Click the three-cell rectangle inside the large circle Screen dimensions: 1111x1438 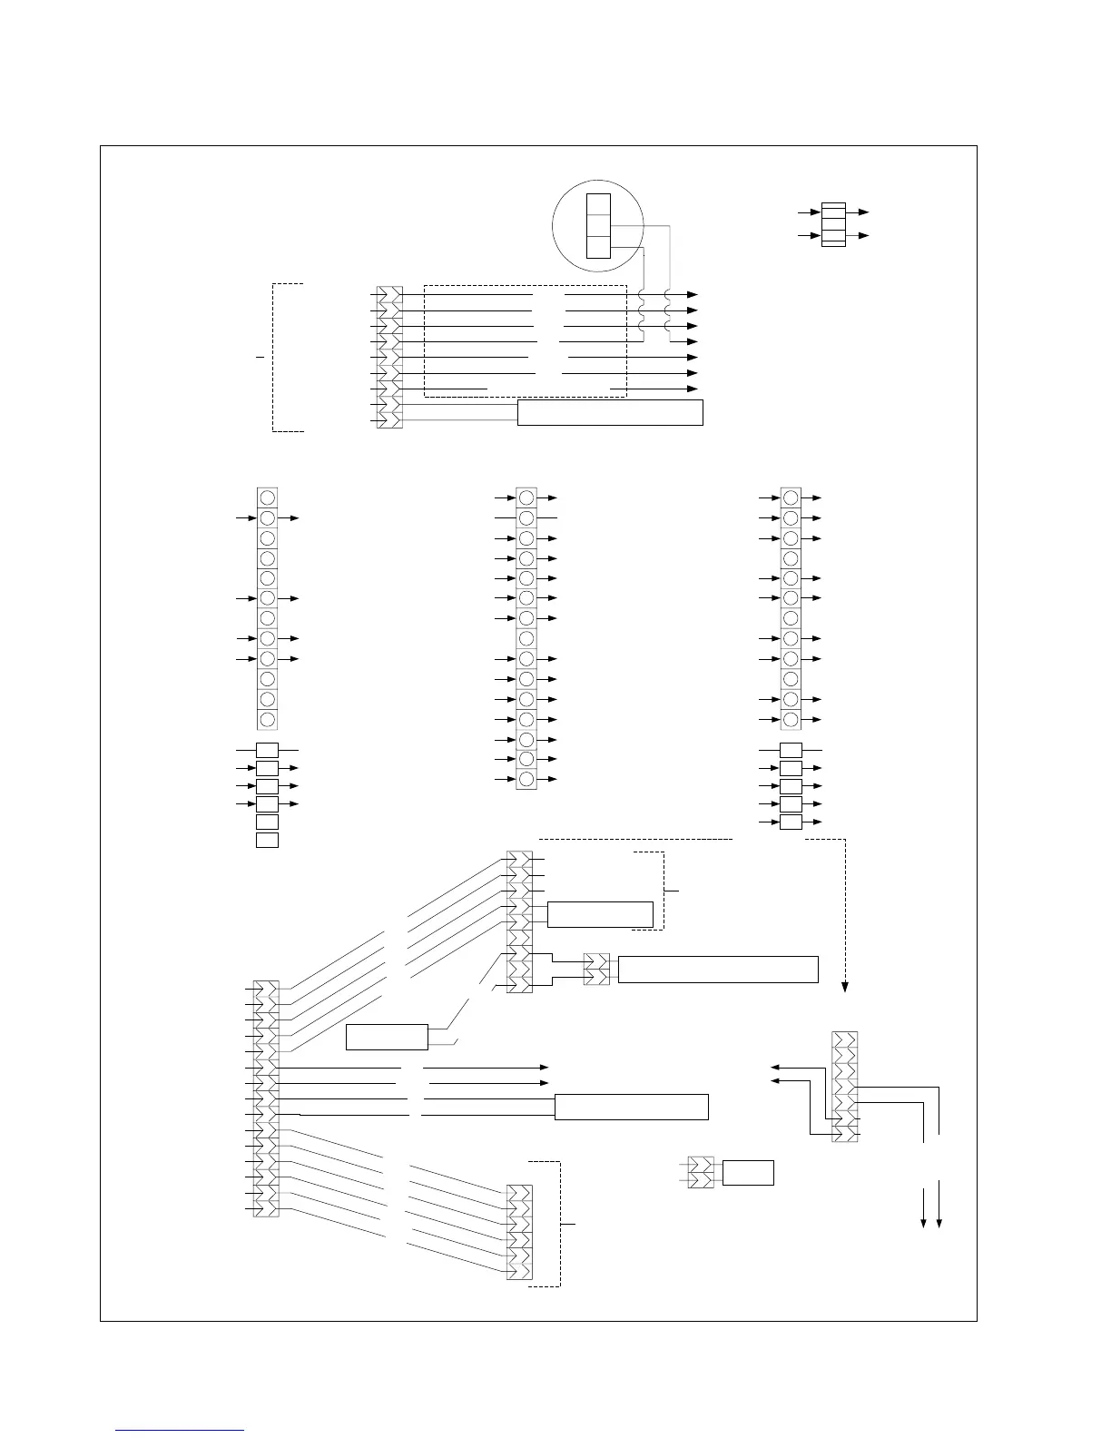tap(598, 225)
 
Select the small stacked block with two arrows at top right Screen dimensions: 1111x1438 tap(833, 224)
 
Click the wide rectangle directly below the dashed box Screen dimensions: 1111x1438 tap(610, 412)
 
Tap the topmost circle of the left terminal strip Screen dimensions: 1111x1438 tap(267, 497)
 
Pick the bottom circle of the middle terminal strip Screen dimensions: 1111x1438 tap(526, 779)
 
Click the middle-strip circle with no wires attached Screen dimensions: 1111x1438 tap(526, 638)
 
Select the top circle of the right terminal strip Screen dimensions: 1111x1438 tap(791, 497)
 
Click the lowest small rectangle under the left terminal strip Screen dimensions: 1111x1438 tap(267, 840)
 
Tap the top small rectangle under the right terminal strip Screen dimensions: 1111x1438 tap(791, 751)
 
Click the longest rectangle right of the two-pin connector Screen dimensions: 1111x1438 tap(718, 970)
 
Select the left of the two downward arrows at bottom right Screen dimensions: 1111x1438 tap(924, 1222)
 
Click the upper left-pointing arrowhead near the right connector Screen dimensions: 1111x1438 tap(774, 1068)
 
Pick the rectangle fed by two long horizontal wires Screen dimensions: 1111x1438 tap(631, 1108)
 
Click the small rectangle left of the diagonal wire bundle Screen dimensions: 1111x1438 tap(388, 1037)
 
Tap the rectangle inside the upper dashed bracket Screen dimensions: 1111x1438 tap(600, 914)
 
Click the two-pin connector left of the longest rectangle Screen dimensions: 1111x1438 tap(596, 970)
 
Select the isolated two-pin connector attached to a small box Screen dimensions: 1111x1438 tap(701, 1172)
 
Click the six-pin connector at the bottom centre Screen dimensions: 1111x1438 tap(519, 1233)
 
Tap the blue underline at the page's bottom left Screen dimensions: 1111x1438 tap(181, 1431)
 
